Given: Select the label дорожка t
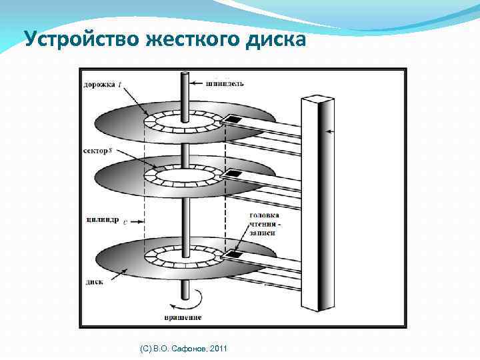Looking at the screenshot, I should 102,84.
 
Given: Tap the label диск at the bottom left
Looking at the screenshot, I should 93,281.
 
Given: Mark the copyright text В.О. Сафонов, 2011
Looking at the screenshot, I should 180,349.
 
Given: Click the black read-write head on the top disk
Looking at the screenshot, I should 233,119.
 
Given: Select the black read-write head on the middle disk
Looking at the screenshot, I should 234,174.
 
